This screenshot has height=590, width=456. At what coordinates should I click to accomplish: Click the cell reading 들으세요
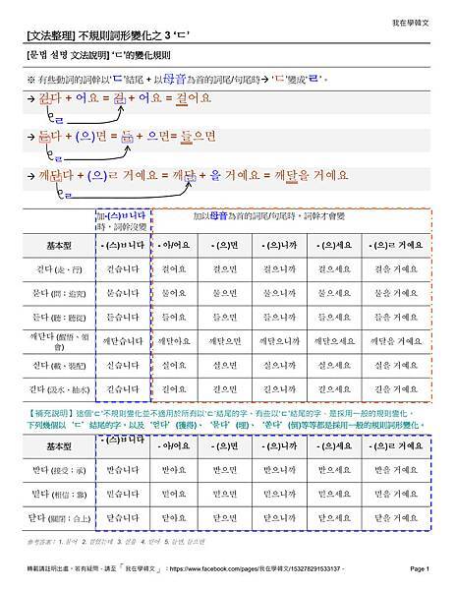coord(336,318)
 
